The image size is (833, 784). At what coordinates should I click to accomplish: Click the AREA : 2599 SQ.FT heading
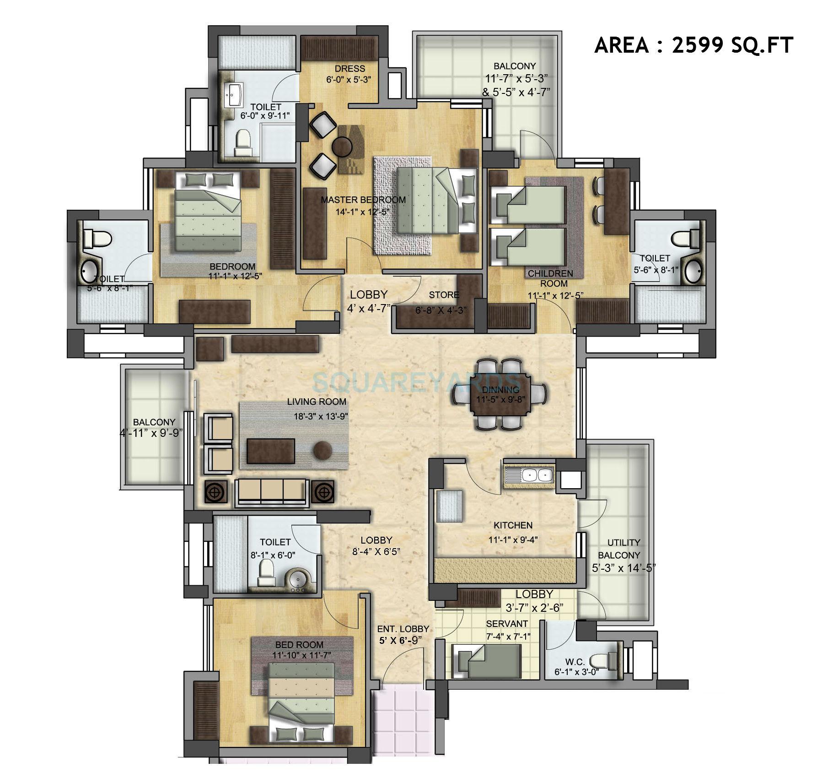point(693,46)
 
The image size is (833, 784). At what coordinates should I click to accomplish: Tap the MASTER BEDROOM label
point(363,200)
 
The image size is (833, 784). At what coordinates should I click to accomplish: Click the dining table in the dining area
point(500,394)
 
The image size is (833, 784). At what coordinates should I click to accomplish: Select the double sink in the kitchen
point(535,475)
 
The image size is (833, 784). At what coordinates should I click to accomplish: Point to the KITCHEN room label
point(513,525)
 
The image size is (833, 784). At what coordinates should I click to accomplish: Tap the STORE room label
point(444,295)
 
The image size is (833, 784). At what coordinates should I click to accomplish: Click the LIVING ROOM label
point(317,402)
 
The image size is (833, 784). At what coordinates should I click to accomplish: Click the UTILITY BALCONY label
point(623,549)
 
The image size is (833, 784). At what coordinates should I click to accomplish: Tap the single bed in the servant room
point(486,661)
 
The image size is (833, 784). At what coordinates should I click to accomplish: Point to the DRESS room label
point(349,69)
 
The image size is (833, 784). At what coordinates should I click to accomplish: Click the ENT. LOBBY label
point(403,629)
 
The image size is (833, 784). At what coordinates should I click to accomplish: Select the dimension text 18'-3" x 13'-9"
point(322,416)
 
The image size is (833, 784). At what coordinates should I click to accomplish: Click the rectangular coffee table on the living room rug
point(271,451)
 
